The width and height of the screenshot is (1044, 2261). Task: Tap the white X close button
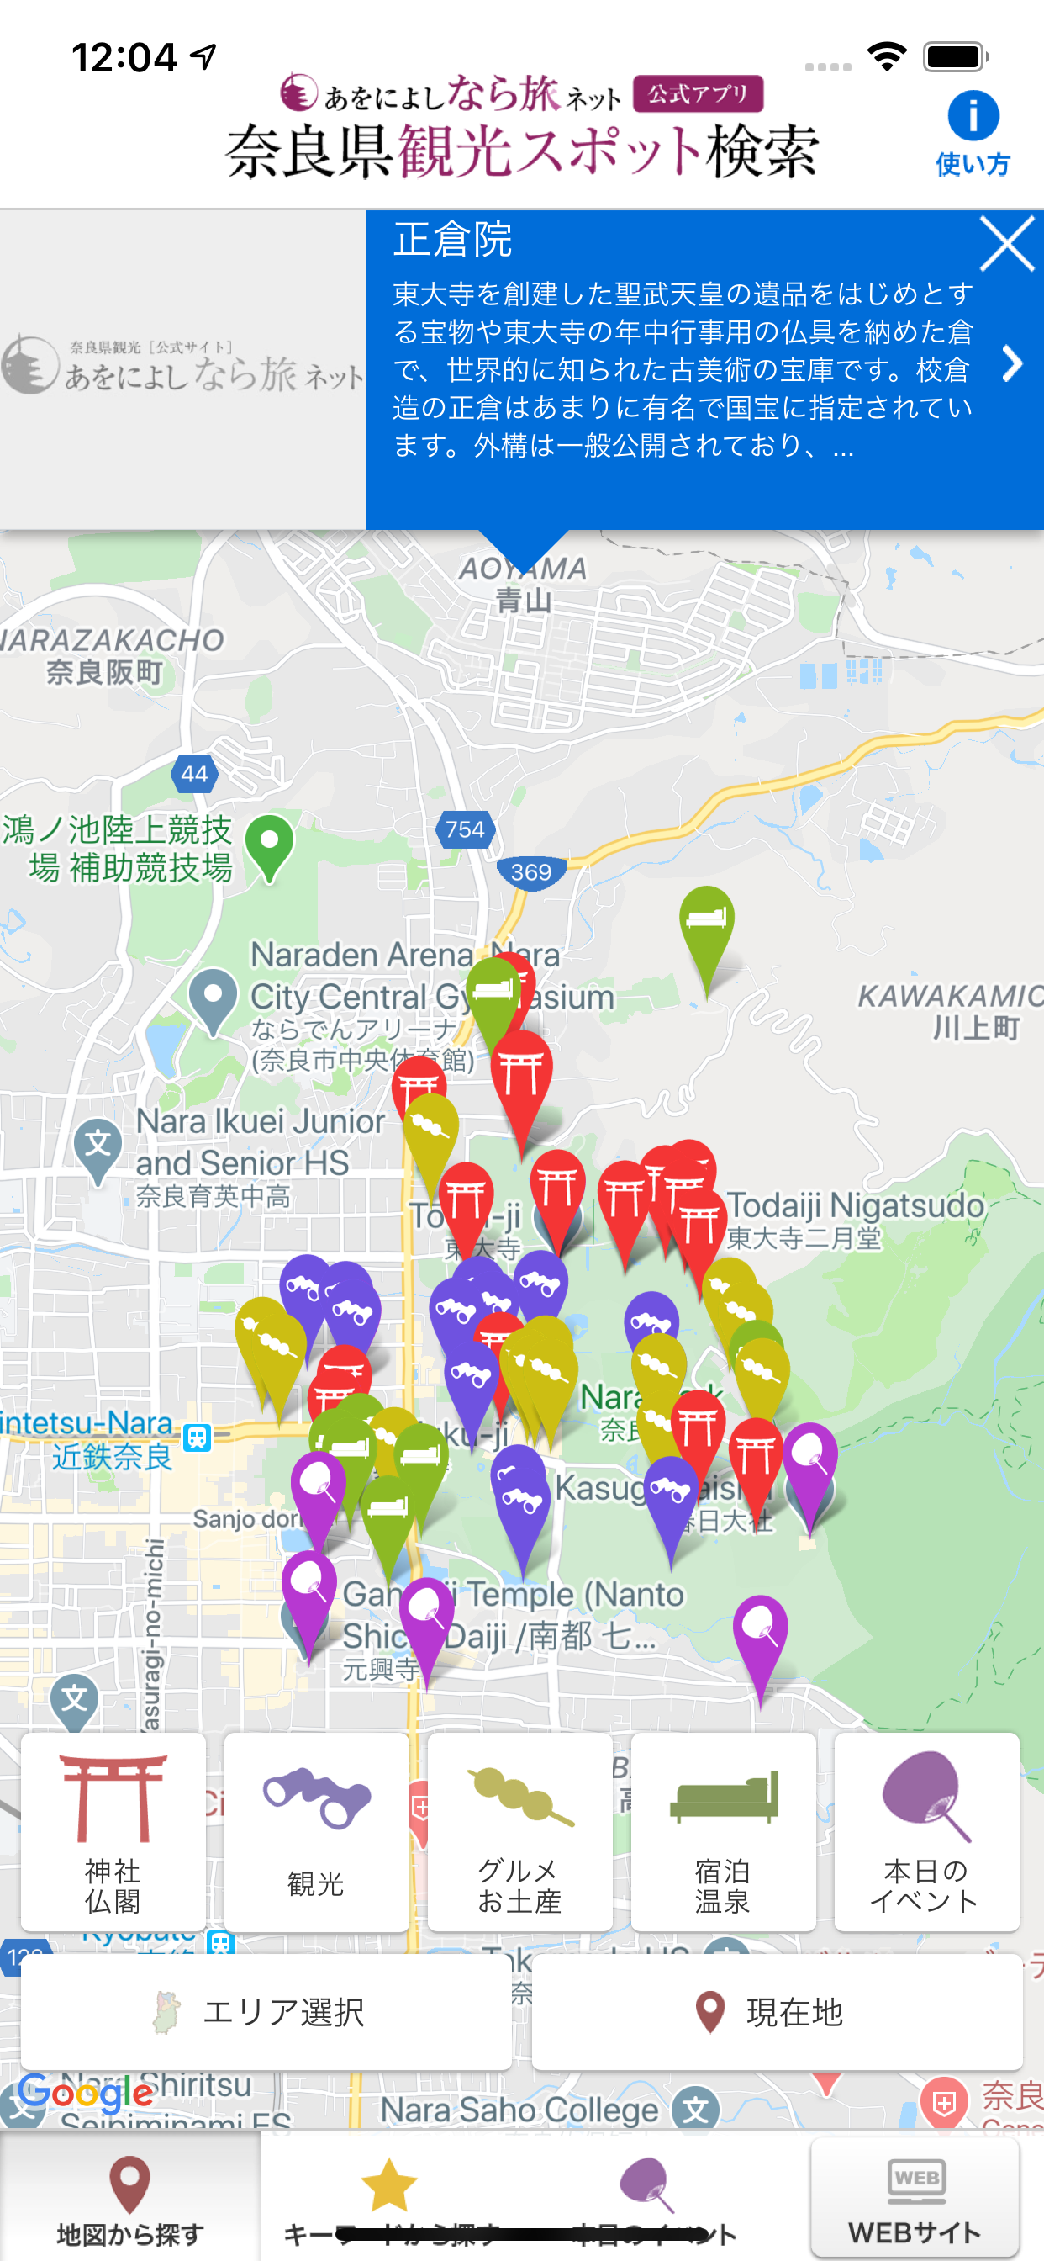1006,244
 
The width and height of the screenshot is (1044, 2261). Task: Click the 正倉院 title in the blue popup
453,240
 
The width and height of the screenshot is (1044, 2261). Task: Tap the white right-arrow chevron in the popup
1012,363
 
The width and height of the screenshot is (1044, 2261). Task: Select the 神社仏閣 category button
113,1832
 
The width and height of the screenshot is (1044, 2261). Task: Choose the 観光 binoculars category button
316,1832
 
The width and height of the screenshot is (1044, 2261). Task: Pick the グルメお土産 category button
519,1832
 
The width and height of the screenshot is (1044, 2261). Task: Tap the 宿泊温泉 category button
723,1832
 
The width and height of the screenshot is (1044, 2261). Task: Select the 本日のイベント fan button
925,1832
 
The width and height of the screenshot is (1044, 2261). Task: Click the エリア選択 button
266,2012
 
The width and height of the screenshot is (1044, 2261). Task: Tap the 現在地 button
777,2012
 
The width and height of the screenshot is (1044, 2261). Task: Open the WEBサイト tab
915,2199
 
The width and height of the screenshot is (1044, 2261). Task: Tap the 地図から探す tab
129,2199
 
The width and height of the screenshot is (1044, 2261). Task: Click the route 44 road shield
194,774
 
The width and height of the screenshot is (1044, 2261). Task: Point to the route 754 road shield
465,829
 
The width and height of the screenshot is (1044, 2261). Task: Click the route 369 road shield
530,872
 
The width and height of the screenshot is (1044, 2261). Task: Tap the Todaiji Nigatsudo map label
855,1206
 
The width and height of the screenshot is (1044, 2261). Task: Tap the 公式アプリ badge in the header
698,94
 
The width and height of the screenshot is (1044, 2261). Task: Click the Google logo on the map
85,2094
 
